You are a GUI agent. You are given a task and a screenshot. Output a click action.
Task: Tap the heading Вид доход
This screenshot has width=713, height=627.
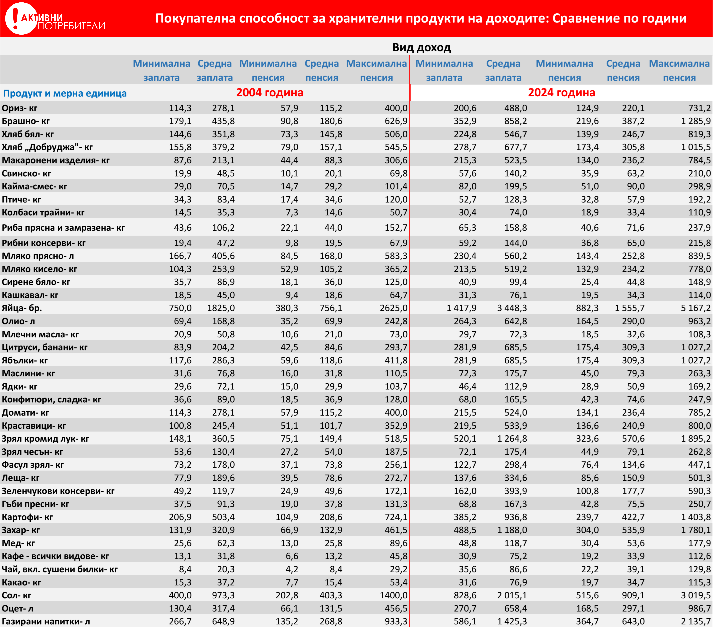pyautogui.click(x=421, y=48)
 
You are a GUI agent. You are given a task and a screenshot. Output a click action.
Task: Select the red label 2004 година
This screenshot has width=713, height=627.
pyautogui.click(x=270, y=93)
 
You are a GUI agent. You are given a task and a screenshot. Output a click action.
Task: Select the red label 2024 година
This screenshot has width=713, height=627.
pyautogui.click(x=561, y=93)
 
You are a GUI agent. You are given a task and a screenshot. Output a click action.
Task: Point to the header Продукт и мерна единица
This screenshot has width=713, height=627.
pyautogui.click(x=65, y=94)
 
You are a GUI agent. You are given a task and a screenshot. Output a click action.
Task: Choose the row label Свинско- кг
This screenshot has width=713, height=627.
pyautogui.click(x=27, y=174)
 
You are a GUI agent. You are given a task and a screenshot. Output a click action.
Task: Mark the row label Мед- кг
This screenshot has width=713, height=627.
pyautogui.click(x=18, y=543)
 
